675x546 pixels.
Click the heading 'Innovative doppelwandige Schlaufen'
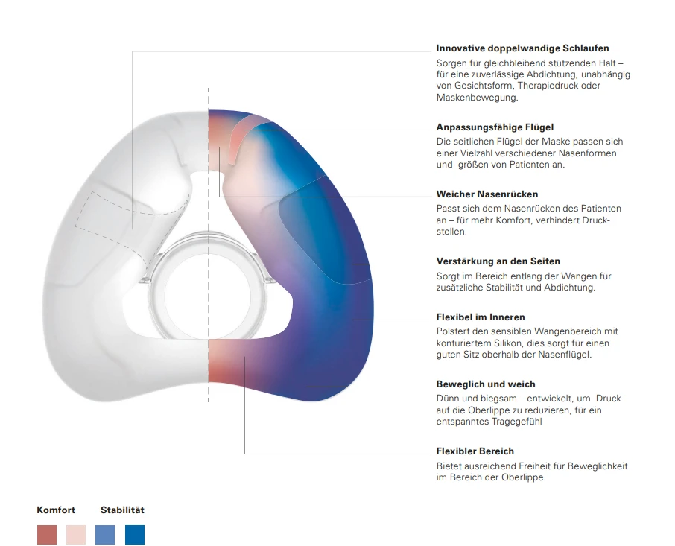[x=522, y=48]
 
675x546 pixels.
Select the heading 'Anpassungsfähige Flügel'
[x=495, y=127]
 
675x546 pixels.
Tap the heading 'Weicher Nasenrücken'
[x=487, y=194]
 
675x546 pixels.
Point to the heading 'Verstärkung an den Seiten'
[x=498, y=261]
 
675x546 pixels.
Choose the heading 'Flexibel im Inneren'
[x=481, y=317]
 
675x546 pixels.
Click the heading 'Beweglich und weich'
[x=486, y=384]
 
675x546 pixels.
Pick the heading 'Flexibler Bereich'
[x=475, y=451]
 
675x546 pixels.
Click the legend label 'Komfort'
[x=56, y=510]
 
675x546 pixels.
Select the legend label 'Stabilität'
[x=122, y=510]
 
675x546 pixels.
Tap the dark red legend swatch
[x=47, y=535]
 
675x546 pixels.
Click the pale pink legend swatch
[x=76, y=535]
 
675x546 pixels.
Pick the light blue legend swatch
[x=105, y=535]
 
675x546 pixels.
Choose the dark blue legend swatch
[x=135, y=535]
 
